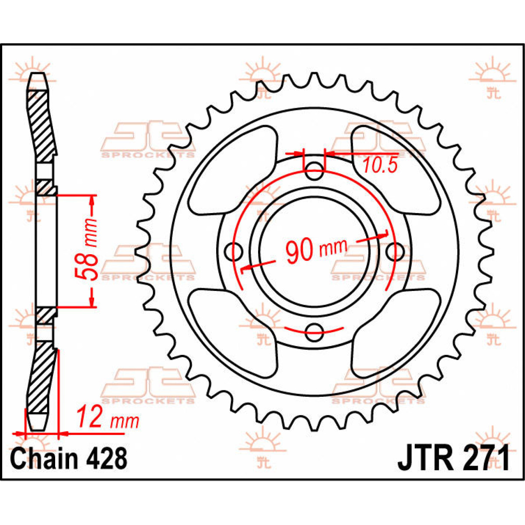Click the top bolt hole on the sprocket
314,171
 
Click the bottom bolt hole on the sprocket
314,332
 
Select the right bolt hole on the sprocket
395,251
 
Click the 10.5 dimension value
379,165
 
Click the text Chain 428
69,458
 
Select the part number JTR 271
453,458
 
